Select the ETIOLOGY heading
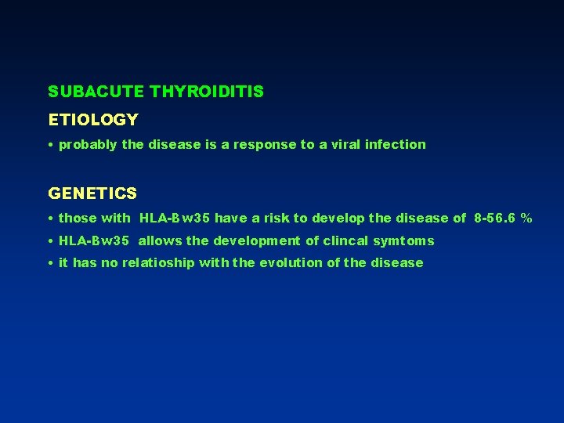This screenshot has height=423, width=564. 93,120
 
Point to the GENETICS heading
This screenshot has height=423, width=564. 92,193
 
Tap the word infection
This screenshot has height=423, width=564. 397,144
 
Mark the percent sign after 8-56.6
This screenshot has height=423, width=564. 526,219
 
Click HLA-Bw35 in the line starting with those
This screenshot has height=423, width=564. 175,219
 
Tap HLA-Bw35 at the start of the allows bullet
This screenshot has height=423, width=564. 94,240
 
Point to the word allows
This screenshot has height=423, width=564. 160,240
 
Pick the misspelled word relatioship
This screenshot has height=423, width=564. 159,263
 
